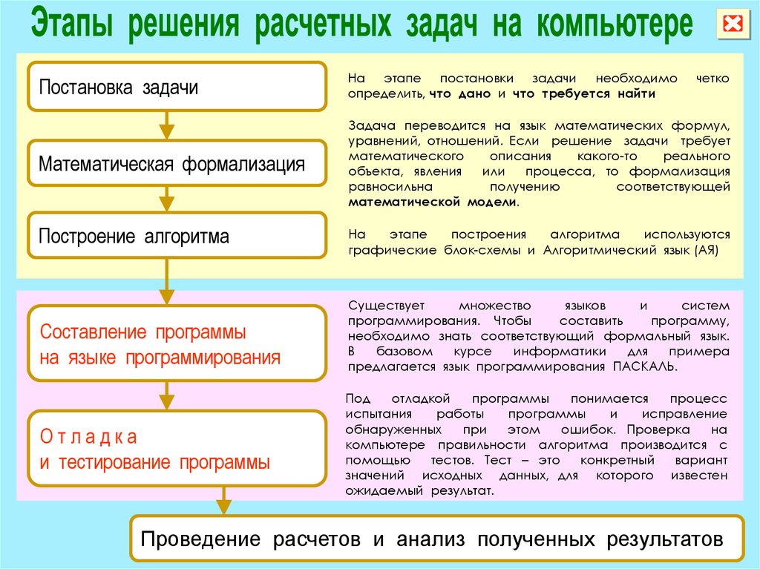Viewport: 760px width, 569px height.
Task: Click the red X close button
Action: tap(733, 23)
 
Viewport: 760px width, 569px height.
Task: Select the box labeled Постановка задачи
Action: tap(177, 86)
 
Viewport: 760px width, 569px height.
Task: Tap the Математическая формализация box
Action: tap(177, 163)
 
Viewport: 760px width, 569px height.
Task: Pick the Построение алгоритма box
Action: tap(177, 235)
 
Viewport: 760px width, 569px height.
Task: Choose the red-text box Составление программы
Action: tap(177, 343)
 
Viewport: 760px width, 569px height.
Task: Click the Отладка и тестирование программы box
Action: tap(177, 448)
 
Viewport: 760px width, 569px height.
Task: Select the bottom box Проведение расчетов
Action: tap(436, 539)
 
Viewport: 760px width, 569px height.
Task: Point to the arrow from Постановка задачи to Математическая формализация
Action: tap(167, 125)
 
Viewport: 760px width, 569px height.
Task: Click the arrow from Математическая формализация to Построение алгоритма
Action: tap(167, 200)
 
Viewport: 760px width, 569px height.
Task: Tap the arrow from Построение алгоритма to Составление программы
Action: tap(167, 282)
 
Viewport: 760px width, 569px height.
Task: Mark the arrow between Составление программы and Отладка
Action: tap(167, 395)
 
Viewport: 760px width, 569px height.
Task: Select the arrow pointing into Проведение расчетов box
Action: tap(223, 501)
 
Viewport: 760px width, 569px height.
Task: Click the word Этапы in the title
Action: tap(72, 24)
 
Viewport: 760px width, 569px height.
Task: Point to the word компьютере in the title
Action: tap(615, 24)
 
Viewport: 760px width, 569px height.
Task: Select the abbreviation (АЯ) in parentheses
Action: tap(707, 250)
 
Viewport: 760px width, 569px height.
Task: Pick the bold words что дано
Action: tap(460, 93)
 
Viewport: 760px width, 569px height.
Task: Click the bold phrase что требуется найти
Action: tap(583, 93)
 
